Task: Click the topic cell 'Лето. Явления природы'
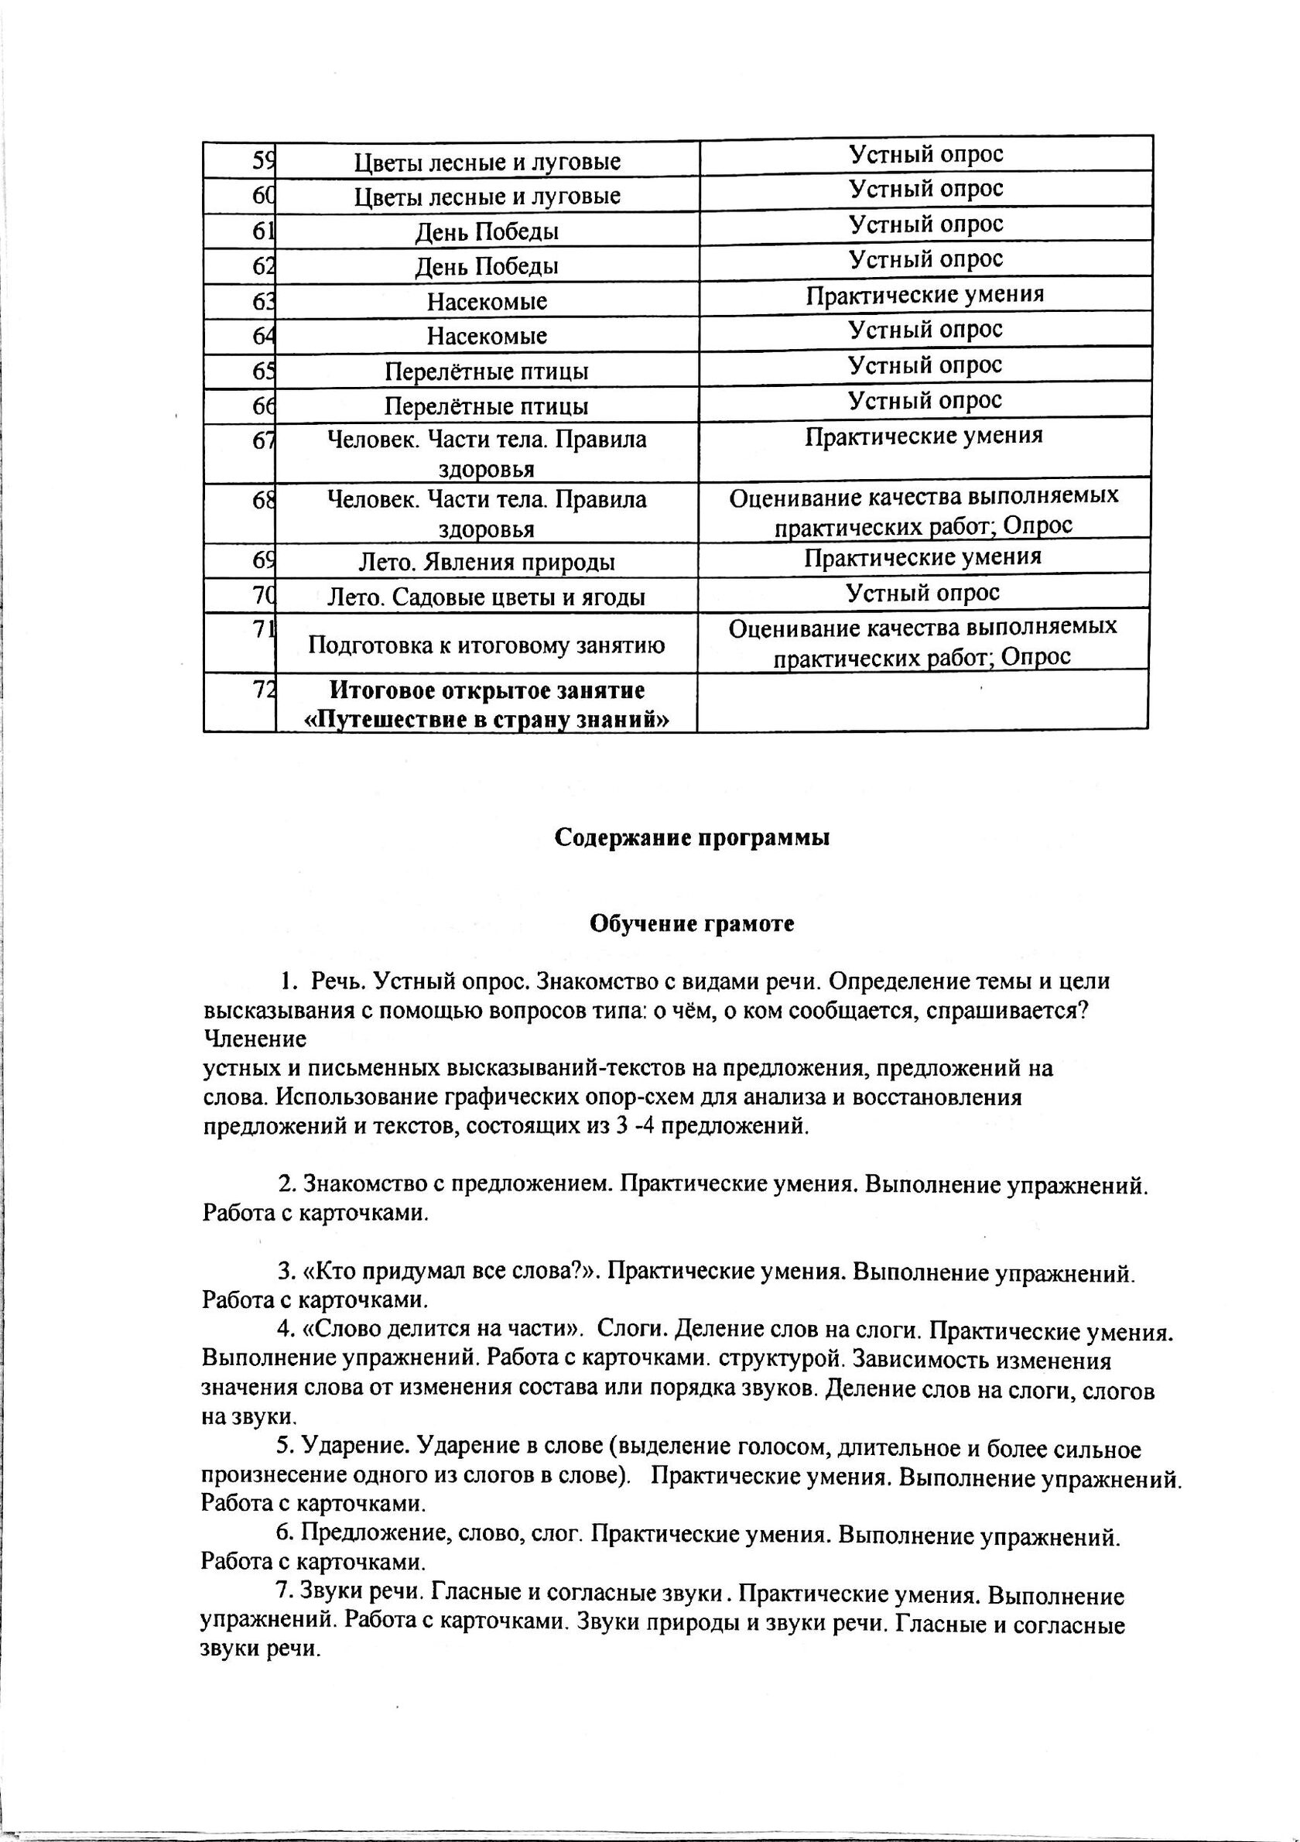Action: [486, 562]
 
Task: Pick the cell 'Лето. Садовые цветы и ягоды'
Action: [486, 597]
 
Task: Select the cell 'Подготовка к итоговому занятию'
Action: [486, 644]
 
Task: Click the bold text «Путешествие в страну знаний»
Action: [486, 720]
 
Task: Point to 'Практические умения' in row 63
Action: [925, 295]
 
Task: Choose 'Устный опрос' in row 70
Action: [923, 593]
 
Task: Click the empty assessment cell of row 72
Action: [922, 700]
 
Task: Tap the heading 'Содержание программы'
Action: [692, 837]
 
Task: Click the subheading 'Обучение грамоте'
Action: [692, 924]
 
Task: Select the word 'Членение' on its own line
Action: [255, 1039]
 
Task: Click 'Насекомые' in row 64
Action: [486, 336]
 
